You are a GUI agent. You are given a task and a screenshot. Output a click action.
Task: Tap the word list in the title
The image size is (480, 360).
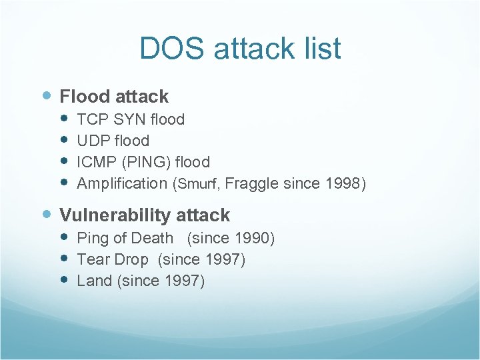[x=318, y=49]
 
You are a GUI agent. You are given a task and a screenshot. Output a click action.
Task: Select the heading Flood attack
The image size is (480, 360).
[x=114, y=97]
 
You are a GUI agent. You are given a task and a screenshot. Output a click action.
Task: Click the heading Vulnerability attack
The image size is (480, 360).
[x=145, y=215]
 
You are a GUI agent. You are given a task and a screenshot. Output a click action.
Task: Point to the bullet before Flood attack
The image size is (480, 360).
[x=46, y=97]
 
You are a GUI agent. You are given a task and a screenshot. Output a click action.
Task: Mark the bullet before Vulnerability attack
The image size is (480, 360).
[x=46, y=215]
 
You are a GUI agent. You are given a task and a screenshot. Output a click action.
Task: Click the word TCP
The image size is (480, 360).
[x=91, y=120]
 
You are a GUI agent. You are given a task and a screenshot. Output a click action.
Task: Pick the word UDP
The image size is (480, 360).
[x=92, y=141]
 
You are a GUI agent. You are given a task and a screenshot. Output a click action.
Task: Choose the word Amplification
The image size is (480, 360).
[x=122, y=183]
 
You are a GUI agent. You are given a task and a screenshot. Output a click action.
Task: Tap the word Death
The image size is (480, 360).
[x=151, y=238]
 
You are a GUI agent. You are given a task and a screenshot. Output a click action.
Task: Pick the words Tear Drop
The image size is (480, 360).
[x=113, y=259]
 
